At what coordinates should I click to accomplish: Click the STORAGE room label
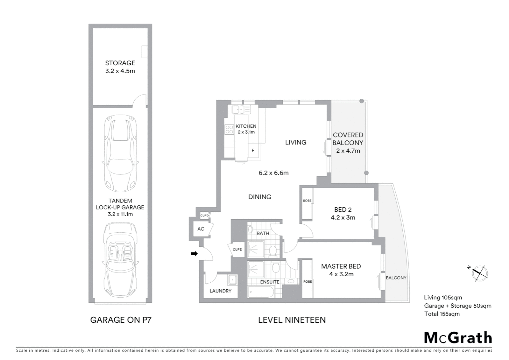(120, 63)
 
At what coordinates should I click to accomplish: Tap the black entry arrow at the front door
(194, 254)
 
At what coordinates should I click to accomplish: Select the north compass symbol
(479, 272)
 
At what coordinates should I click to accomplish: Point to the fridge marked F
(253, 151)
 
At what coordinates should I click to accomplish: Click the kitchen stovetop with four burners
(229, 129)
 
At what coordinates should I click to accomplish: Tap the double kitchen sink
(241, 109)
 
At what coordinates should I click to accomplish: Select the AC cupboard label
(201, 229)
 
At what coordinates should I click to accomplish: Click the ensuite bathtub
(261, 292)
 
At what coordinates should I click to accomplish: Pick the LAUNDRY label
(220, 291)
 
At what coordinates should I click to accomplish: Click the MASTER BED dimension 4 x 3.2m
(341, 274)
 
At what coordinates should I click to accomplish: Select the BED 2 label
(343, 210)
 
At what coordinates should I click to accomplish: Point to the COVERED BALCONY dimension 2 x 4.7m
(348, 151)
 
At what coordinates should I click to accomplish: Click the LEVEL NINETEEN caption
(292, 320)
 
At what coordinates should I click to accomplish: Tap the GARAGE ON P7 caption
(121, 320)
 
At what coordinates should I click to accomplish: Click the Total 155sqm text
(442, 314)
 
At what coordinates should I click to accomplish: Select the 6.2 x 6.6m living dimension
(273, 173)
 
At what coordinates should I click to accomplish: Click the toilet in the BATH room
(273, 250)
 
